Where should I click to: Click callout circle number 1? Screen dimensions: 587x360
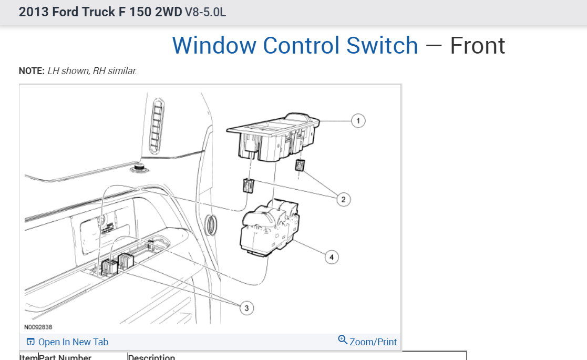point(358,121)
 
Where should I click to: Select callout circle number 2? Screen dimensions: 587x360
point(343,199)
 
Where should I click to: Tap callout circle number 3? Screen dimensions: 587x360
point(247,308)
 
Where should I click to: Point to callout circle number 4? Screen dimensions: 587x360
point(331,257)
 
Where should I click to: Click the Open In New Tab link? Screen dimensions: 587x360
point(73,342)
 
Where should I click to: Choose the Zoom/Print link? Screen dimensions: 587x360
point(373,342)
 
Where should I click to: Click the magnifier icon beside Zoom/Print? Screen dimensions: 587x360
point(343,341)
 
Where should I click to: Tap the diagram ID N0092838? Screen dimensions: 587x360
point(38,327)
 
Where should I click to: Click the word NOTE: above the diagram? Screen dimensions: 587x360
point(32,71)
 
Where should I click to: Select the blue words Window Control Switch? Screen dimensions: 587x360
point(295,46)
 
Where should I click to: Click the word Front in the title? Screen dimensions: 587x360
point(477,46)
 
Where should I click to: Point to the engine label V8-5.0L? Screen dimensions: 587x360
point(205,12)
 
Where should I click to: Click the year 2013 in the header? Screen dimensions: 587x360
point(34,12)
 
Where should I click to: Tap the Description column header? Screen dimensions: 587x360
point(151,357)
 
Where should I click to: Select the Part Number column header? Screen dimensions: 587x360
point(65,357)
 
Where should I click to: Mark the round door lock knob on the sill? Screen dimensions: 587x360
point(139,167)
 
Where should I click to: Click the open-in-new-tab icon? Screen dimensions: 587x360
point(30,342)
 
